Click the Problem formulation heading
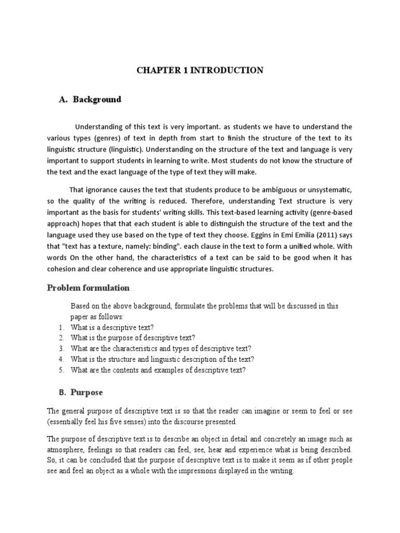coord(89,288)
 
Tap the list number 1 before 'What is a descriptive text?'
coord(60,327)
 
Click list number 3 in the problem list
coord(60,349)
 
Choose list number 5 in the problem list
coord(60,370)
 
